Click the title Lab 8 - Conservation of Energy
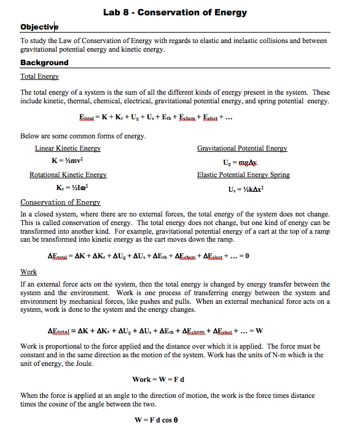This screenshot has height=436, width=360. (x=175, y=12)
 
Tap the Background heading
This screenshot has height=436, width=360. (x=44, y=63)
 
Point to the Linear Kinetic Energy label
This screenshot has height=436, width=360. (x=68, y=149)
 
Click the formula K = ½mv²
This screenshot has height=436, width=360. (x=68, y=161)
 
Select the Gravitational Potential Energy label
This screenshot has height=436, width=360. (x=242, y=149)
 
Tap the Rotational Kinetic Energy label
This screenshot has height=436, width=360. (x=68, y=175)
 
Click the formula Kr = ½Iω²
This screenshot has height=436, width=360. (x=68, y=188)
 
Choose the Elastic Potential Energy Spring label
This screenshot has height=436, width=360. (x=243, y=175)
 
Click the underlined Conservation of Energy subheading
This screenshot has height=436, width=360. (x=60, y=202)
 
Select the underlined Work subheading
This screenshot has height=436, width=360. (x=28, y=272)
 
